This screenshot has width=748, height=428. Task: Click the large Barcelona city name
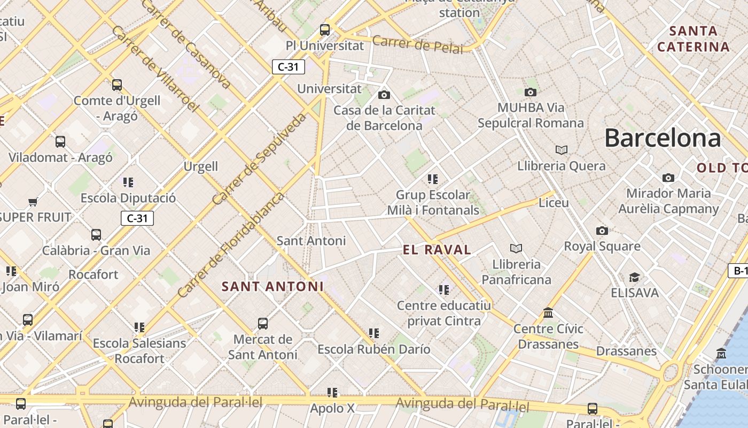pos(663,138)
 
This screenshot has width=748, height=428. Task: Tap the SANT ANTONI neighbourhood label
pos(272,287)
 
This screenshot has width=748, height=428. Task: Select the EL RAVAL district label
pos(437,250)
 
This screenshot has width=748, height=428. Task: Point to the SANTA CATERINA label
pos(693,39)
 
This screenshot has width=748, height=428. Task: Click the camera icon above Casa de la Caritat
pos(384,95)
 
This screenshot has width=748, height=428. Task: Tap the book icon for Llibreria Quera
pos(561,150)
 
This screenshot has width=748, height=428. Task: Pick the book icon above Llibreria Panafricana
pos(516,248)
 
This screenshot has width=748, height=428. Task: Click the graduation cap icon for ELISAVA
pos(634,277)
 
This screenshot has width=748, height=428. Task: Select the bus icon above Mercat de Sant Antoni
pos(263,323)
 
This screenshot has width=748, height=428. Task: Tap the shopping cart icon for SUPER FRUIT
pos(33,202)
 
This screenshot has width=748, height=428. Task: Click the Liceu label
pos(554,203)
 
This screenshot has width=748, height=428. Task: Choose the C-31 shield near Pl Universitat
pos(289,67)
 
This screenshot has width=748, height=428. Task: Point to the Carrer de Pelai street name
pos(417,44)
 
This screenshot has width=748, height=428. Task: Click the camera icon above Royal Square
pos(602,231)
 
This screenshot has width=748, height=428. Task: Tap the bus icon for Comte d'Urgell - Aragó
pos(117,85)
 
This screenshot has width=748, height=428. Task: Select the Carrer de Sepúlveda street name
pos(260,159)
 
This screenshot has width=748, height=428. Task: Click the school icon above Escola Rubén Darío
pos(374,333)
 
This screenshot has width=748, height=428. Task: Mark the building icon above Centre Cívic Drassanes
pos(548,312)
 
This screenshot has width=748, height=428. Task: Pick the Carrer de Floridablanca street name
pos(231,245)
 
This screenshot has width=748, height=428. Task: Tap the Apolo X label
pos(332,409)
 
